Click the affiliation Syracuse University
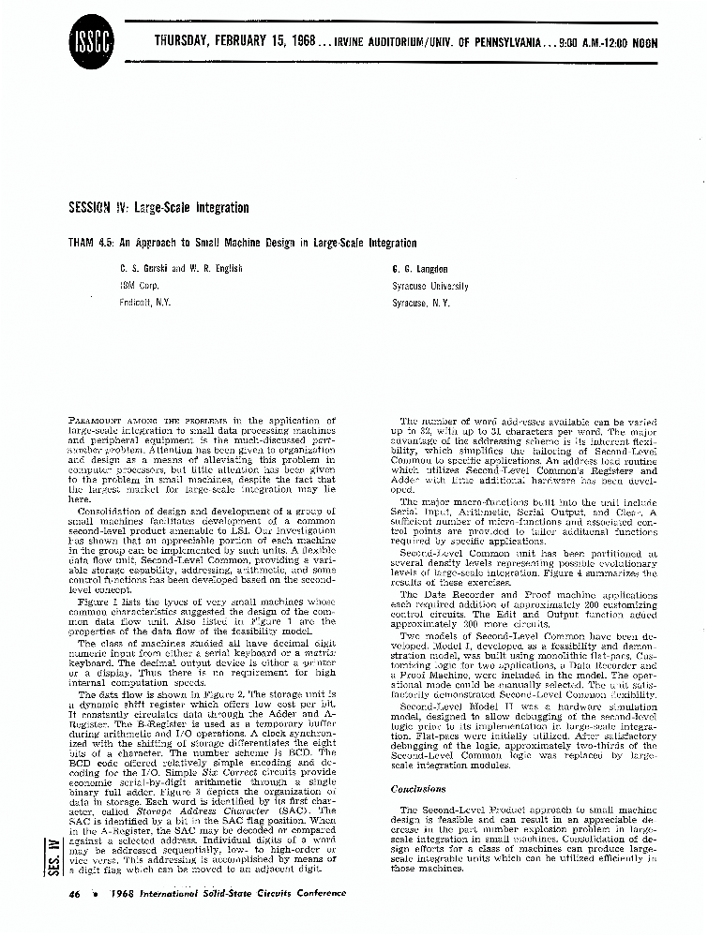pos(429,286)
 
